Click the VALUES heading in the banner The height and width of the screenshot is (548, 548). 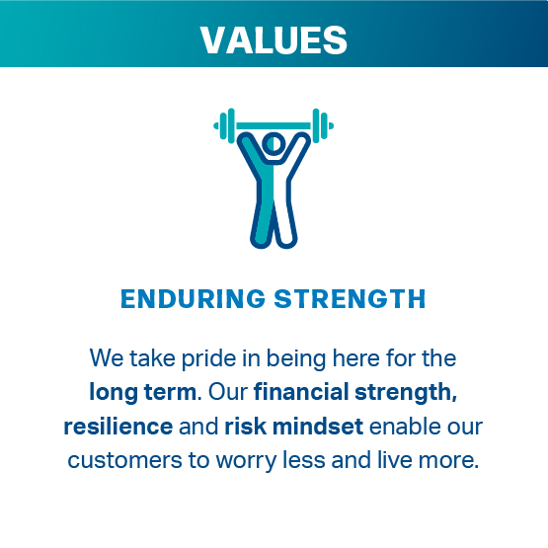tap(274, 39)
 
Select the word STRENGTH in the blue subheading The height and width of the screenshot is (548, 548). tap(350, 299)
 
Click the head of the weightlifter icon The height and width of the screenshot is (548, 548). tap(274, 143)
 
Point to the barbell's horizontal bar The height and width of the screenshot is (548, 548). tap(274, 125)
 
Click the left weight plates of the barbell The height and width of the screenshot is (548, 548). tap(224, 125)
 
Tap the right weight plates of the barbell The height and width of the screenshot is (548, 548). tap(323, 125)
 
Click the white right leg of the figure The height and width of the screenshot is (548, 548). tap(283, 216)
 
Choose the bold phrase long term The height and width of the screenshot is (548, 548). tap(143, 392)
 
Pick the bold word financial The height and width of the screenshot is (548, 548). tap(301, 391)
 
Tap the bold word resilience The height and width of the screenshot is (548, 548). tap(118, 427)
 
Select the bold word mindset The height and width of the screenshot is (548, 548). tap(318, 427)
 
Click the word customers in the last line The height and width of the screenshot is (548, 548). tap(124, 460)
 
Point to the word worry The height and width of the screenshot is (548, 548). tap(246, 461)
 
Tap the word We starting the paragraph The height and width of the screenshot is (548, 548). tap(107, 358)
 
